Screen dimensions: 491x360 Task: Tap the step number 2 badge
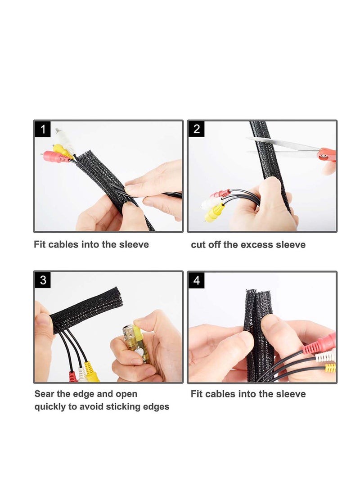196,129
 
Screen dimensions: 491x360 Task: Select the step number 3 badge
43,280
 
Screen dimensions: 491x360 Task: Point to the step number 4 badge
196,280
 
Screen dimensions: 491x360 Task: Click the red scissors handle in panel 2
327,154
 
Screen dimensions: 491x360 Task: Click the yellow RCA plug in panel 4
330,368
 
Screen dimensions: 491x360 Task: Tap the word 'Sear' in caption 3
45,394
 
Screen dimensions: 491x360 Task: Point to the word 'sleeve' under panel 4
291,394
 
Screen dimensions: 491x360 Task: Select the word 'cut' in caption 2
198,245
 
